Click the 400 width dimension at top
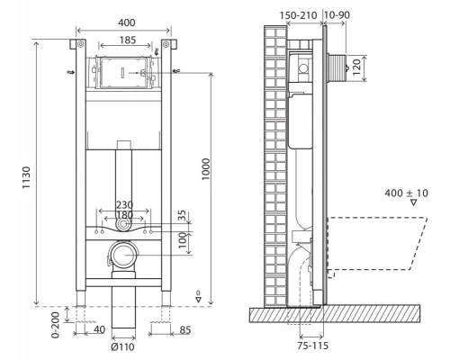(x=126, y=22)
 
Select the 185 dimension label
(x=128, y=40)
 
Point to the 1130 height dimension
(x=26, y=177)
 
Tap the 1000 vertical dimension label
(x=206, y=169)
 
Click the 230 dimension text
(x=124, y=205)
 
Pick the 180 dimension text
(x=124, y=215)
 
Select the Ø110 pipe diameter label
(x=122, y=347)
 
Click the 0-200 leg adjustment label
(x=55, y=325)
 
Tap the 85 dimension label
(x=184, y=330)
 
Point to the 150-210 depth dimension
(x=298, y=15)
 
